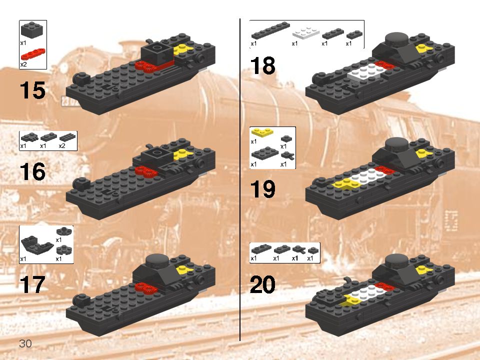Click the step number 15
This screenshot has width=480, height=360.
coord(33,90)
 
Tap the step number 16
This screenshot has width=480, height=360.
coord(33,171)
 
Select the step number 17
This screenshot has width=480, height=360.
coord(33,284)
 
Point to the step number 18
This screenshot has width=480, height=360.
coord(262,65)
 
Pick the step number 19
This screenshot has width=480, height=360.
coord(262,189)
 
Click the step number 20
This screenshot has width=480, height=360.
coord(262,284)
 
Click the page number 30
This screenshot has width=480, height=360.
coord(25,343)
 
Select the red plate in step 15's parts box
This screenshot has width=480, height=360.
coord(33,53)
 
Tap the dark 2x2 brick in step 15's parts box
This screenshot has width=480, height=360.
coord(32,30)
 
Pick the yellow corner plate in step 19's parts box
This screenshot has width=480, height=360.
coord(262,132)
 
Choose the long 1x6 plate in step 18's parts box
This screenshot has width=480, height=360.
coord(270,30)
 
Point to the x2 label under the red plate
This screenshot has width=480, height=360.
coord(23,64)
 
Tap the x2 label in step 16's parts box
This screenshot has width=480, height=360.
coord(62,146)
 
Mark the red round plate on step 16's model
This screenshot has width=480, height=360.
coord(146,171)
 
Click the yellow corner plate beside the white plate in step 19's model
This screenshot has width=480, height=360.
coord(345,184)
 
